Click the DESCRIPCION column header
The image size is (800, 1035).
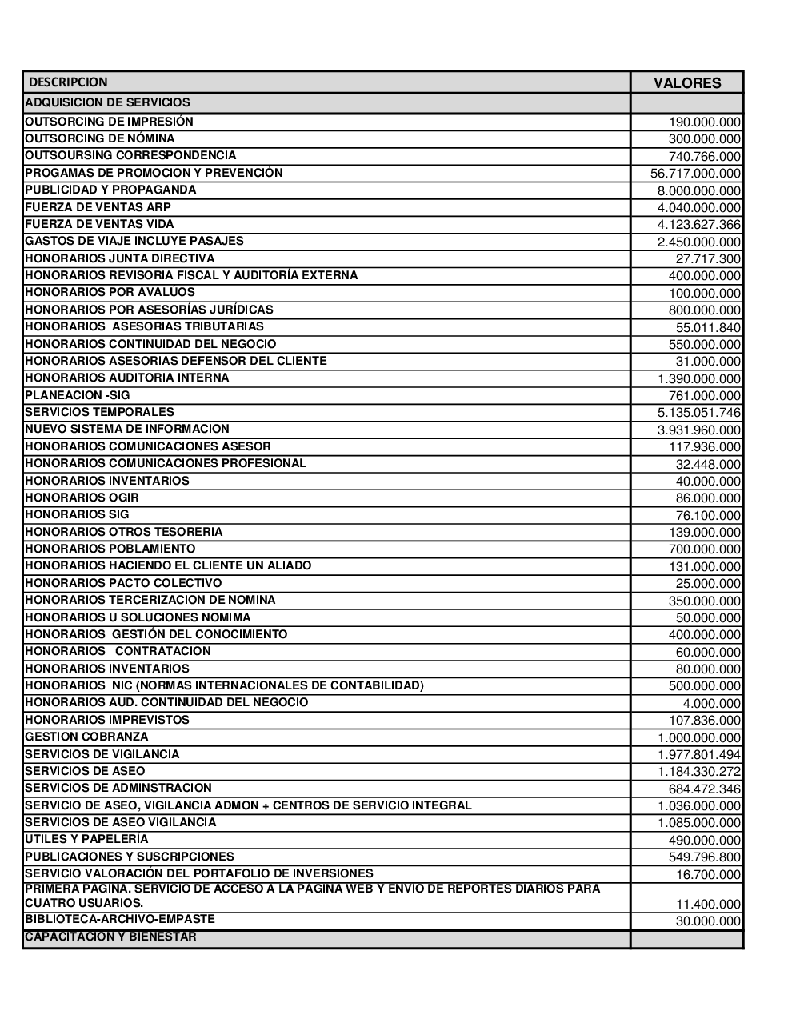(x=68, y=82)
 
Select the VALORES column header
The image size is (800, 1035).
(x=687, y=83)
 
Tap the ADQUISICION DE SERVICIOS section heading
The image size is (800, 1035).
(x=108, y=102)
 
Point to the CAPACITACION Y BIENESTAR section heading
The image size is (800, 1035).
(x=110, y=937)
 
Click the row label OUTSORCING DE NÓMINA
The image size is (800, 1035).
(x=100, y=138)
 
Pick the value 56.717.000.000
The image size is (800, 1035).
(x=695, y=174)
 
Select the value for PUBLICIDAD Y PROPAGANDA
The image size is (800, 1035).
(x=698, y=191)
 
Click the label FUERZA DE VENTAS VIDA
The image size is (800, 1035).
(x=99, y=224)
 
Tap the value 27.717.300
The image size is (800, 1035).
(x=708, y=259)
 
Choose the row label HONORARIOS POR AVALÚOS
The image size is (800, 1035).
(x=110, y=292)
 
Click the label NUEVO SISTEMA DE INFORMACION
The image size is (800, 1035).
(x=127, y=429)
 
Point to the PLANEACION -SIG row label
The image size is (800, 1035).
(x=78, y=395)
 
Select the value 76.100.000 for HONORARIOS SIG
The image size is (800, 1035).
(x=708, y=516)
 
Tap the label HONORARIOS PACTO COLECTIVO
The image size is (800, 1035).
(x=123, y=583)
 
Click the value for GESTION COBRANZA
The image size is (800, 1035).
(x=698, y=738)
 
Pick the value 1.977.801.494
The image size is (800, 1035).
(x=698, y=755)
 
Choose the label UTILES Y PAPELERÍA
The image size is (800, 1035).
(x=86, y=839)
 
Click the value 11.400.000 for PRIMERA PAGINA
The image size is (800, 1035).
(x=708, y=905)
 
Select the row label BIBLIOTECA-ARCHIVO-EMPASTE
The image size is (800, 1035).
(x=120, y=919)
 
